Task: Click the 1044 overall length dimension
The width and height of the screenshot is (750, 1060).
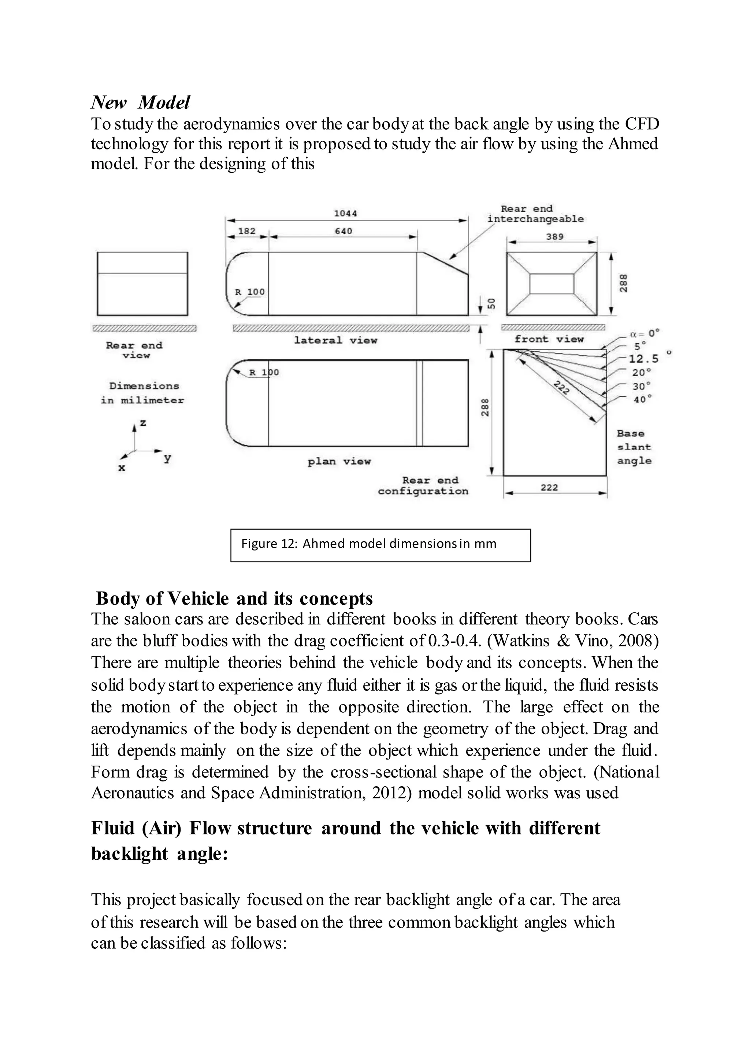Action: coord(345,213)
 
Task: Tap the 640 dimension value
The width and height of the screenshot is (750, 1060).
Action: coord(343,231)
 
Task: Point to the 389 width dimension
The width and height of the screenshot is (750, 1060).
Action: coord(555,236)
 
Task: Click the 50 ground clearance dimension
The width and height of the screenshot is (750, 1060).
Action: coord(492,303)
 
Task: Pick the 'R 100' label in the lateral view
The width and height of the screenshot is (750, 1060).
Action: coord(250,292)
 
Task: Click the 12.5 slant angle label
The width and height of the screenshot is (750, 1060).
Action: coord(644,359)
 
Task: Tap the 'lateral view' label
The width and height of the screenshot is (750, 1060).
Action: coord(336,340)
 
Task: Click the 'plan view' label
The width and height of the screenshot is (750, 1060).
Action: coord(339,461)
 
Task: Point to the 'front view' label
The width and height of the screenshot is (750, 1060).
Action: coord(549,339)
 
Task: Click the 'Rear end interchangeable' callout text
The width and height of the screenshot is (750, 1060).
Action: coord(535,214)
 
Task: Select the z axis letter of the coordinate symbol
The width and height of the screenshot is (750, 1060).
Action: coord(143,422)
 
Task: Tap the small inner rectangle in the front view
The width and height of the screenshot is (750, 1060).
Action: coord(552,283)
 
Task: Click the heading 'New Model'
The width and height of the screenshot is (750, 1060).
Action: coord(140,102)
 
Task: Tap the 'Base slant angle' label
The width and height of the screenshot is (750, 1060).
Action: coord(634,447)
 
